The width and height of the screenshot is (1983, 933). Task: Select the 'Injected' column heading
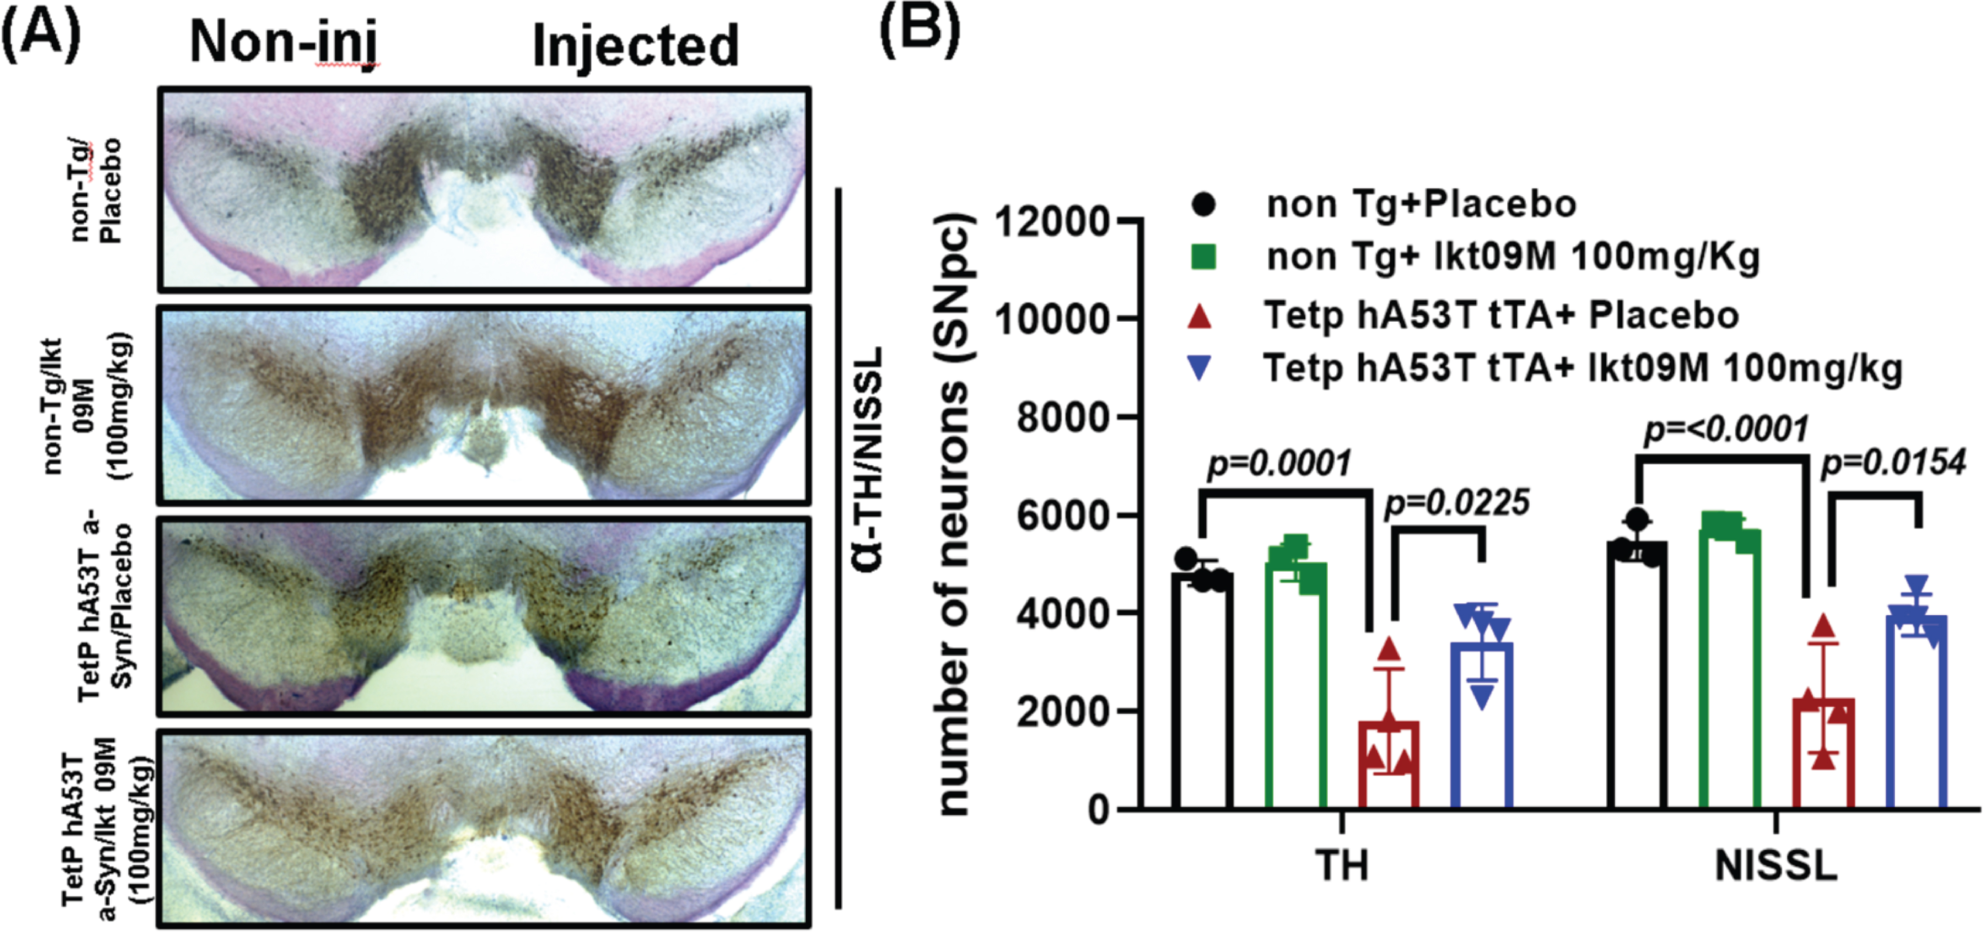[x=635, y=46]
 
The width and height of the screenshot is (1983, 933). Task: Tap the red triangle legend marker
[x=1201, y=316]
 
